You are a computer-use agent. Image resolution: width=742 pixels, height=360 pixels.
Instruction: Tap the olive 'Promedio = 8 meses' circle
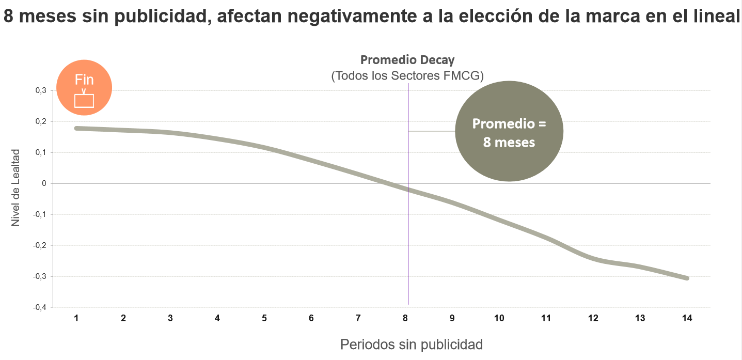click(509, 131)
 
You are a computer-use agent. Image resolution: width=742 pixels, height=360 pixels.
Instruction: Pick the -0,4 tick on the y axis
click(40, 307)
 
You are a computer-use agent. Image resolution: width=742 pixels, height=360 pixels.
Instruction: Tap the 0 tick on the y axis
click(44, 183)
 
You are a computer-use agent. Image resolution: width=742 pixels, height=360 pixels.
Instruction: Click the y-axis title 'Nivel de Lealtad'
click(15, 187)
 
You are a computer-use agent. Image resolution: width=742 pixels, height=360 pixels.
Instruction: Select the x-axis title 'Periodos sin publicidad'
click(411, 345)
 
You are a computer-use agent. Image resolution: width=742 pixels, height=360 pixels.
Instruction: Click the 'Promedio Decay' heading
click(407, 59)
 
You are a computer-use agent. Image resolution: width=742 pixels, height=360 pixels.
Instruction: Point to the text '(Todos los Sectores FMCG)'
click(407, 76)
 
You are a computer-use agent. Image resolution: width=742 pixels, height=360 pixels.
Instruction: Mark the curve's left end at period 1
click(77, 128)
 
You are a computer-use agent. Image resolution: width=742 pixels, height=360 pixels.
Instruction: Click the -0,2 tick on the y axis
click(40, 245)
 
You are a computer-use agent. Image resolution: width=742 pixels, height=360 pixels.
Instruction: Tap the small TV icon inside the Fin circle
click(84, 100)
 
